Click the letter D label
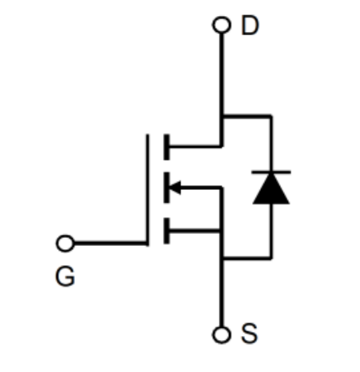(250, 26)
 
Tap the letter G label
(65, 277)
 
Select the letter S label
(249, 333)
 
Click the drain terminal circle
(221, 25)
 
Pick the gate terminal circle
(65, 243)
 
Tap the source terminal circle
(221, 334)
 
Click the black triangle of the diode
(271, 189)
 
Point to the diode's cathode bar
(271, 172)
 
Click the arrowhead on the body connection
(175, 188)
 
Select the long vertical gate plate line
(148, 190)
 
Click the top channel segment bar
(167, 147)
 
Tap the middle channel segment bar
(167, 188)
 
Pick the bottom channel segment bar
(167, 231)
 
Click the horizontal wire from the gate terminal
(110, 243)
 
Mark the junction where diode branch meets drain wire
(222, 116)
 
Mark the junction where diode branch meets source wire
(222, 258)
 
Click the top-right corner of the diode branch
(271, 116)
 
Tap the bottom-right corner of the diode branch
(271, 258)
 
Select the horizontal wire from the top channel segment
(196, 146)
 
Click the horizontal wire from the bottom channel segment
(196, 231)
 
